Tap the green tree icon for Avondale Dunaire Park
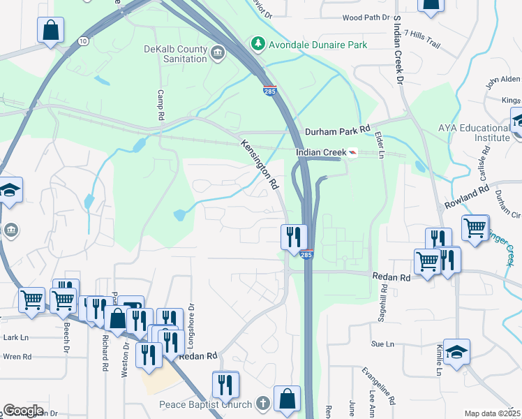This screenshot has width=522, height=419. point(259,45)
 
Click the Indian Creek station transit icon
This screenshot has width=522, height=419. point(352,153)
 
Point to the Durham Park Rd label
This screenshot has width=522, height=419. point(337,131)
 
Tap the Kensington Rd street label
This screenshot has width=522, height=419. point(260,165)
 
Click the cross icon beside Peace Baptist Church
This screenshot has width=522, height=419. point(262,404)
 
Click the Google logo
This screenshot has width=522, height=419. point(22,411)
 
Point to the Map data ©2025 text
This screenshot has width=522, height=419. point(491,413)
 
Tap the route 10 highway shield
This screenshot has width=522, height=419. point(83,41)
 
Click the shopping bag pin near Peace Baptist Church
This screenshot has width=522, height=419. point(287,399)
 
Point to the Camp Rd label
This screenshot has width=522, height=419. point(161,104)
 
